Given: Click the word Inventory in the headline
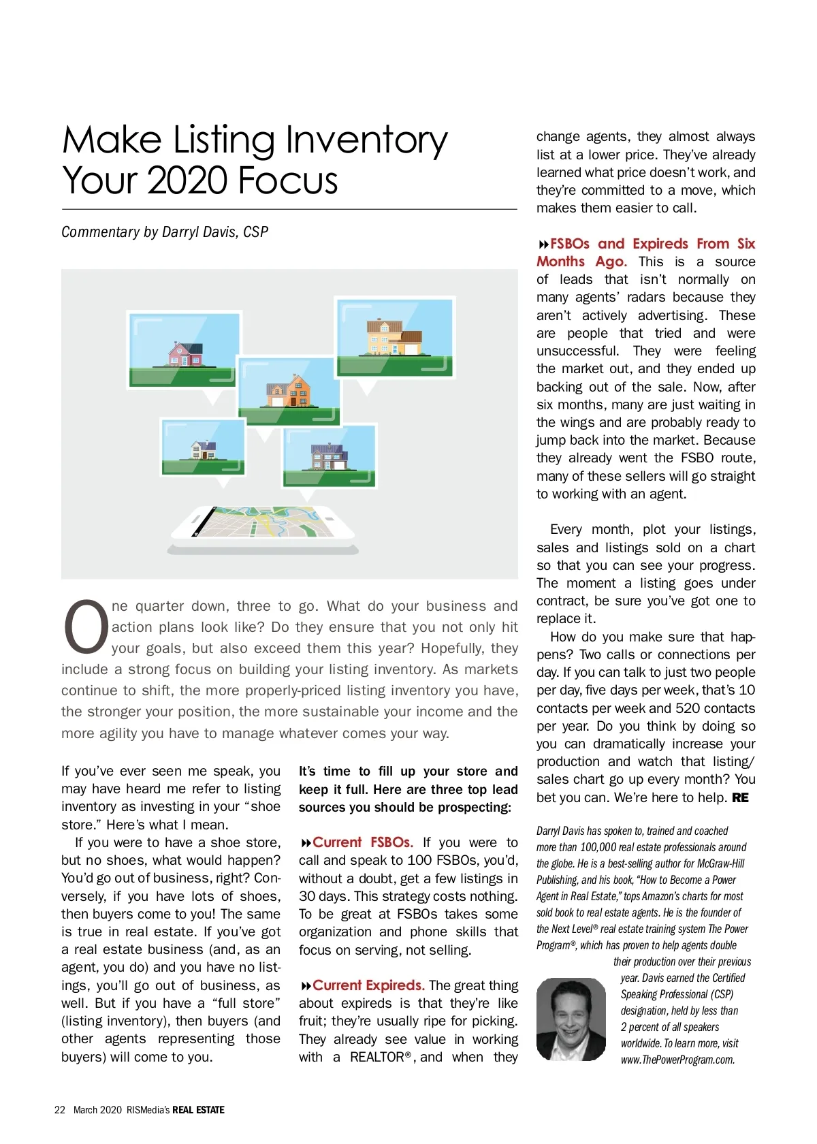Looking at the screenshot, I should [366, 140].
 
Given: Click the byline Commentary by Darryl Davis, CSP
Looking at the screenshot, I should [165, 232].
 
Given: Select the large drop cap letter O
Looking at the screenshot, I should [85, 625].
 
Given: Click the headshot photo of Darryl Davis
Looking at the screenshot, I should [571, 1019].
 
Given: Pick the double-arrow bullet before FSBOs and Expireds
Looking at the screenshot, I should [543, 244].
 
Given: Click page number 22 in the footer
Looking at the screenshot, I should [60, 1110].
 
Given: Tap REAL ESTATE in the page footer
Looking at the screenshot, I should [198, 1110].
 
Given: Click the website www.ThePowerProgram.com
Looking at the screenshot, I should [677, 1060].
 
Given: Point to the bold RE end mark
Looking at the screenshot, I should [740, 797].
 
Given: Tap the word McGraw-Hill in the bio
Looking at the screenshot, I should [721, 863].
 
